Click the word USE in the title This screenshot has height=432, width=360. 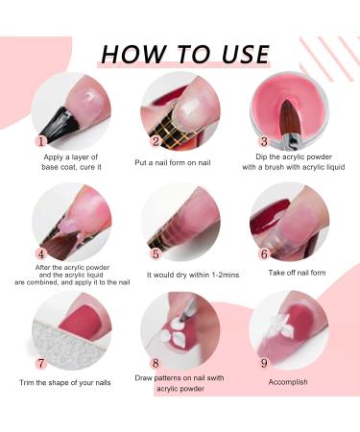coord(246,54)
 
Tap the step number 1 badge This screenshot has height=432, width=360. coord(40,141)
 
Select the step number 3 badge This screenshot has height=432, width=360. coord(264,141)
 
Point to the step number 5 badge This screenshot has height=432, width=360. coord(156,254)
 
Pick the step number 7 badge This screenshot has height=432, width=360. coord(40,363)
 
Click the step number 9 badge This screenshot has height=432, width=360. coord(264,363)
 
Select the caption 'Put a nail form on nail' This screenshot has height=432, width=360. coord(173,162)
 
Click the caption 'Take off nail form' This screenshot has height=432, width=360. coord(297,273)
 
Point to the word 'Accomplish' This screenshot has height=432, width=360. coord(288,382)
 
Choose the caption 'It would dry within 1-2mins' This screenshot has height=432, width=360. coord(193,275)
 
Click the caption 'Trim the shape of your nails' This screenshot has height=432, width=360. coord(65,383)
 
